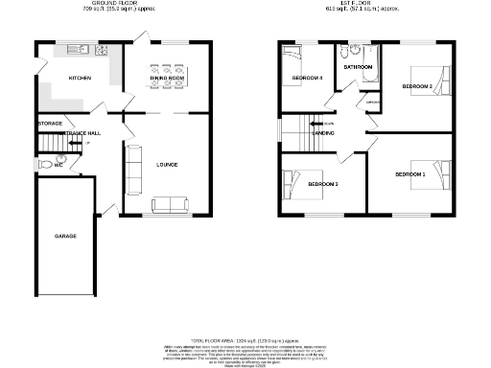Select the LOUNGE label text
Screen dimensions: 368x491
point(167,164)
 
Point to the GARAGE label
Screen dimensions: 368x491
point(64,236)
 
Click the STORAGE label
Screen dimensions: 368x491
point(50,125)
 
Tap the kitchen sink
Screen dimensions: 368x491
point(76,49)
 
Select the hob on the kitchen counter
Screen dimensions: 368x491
point(101,49)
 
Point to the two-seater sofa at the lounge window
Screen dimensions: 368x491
point(170,203)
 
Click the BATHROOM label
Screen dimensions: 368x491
point(358,67)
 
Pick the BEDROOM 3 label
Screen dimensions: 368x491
point(322,184)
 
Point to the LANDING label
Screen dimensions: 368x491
point(323,133)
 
